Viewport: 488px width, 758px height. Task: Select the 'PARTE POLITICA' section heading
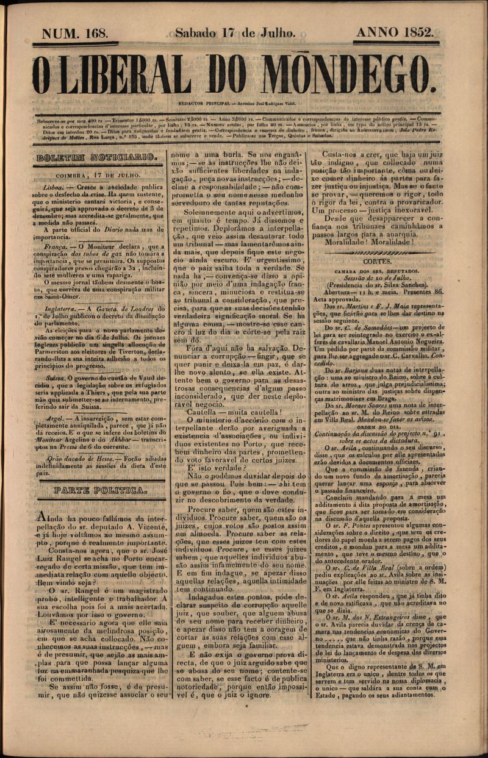coord(99,490)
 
